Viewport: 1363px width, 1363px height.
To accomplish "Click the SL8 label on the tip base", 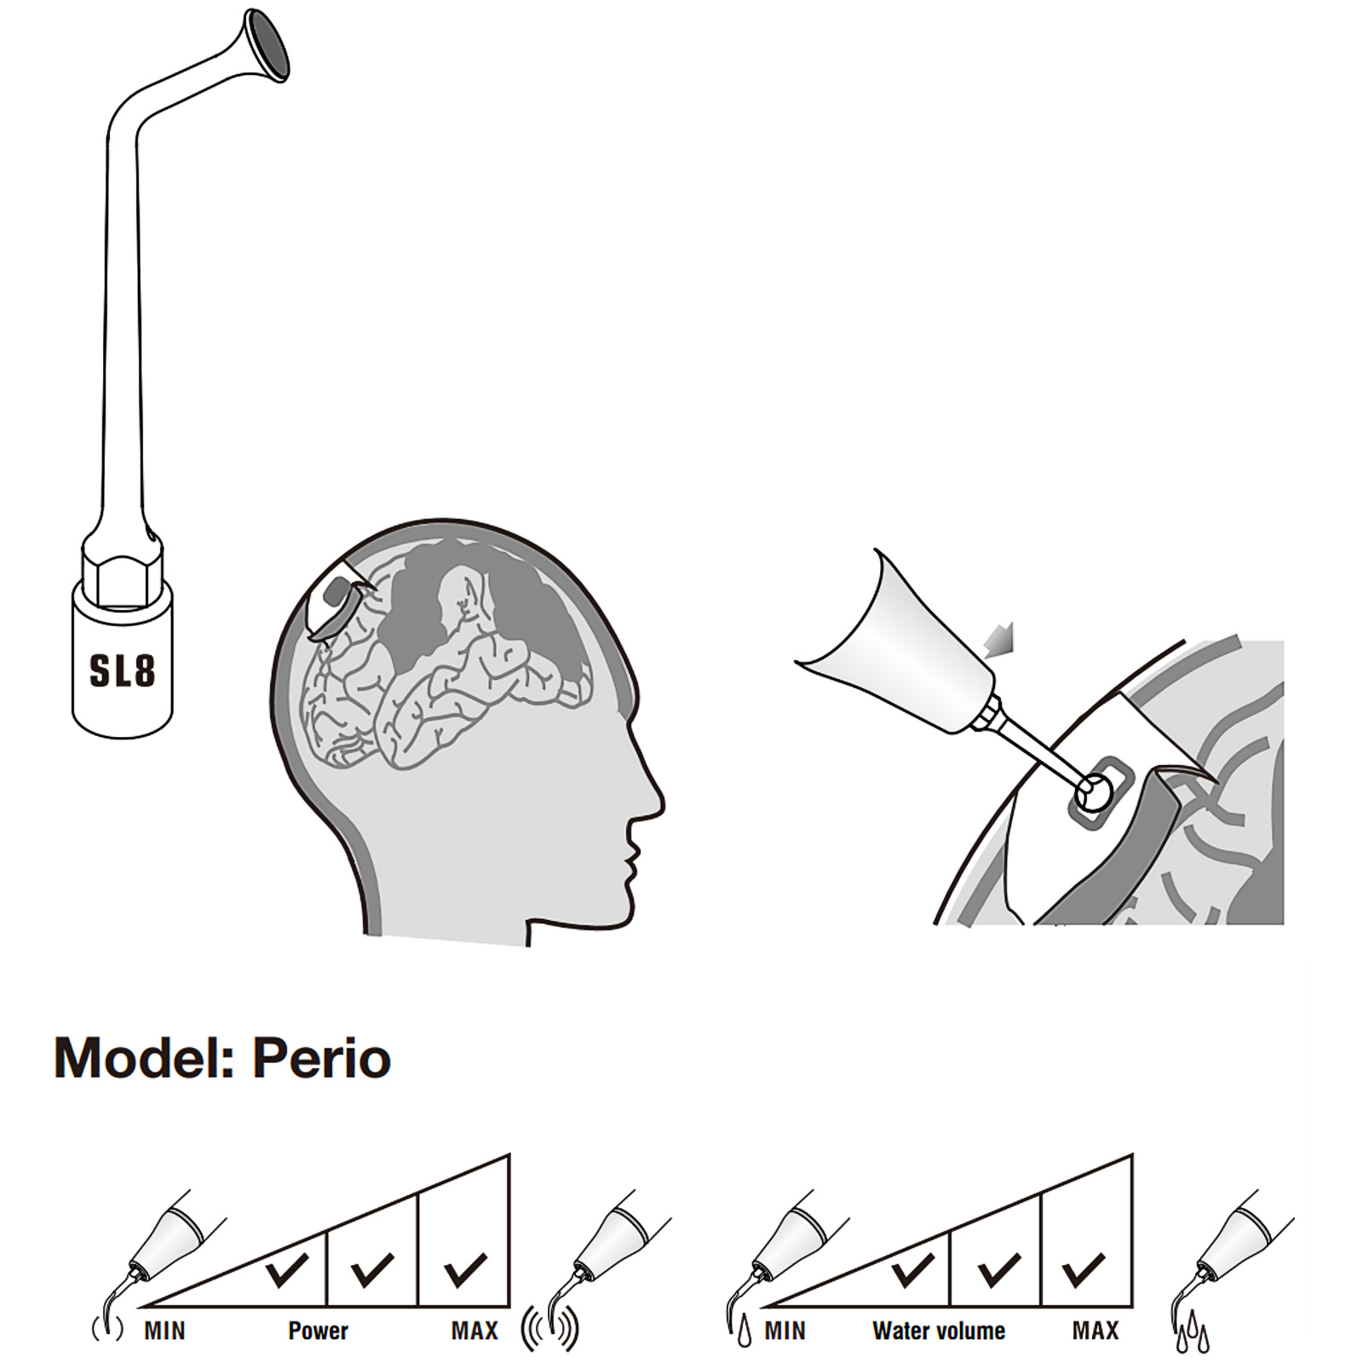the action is (x=123, y=670).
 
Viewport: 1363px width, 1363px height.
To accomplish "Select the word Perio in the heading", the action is (x=322, y=1059).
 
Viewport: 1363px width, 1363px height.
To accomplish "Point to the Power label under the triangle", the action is (x=318, y=1331).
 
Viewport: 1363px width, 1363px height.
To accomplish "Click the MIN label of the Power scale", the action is (x=164, y=1331).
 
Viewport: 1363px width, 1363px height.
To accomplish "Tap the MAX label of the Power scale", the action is (x=474, y=1331).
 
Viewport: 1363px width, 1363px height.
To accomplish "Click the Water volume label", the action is (x=939, y=1331).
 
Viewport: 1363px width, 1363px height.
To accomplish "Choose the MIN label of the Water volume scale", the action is (x=785, y=1331).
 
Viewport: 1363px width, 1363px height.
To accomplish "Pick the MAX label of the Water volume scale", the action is (x=1096, y=1331).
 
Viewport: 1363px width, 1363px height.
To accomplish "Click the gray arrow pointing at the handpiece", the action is (x=998, y=640).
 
